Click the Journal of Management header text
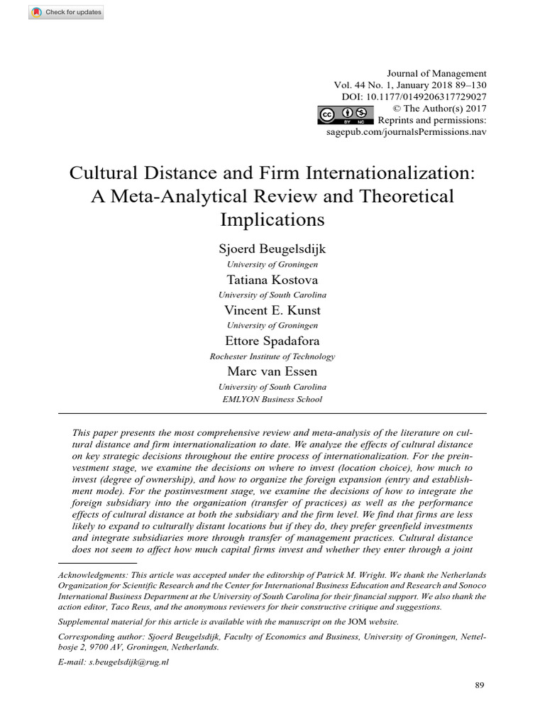pyautogui.click(x=446, y=73)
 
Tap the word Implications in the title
pyautogui.click(x=272, y=219)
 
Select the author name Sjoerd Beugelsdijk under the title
pyautogui.click(x=272, y=249)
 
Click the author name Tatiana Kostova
pyautogui.click(x=272, y=280)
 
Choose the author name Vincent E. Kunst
pyautogui.click(x=272, y=310)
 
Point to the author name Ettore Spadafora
pyautogui.click(x=272, y=341)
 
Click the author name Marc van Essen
pyautogui.click(x=272, y=371)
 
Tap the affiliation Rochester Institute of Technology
pyautogui.click(x=272, y=356)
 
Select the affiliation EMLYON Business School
pyautogui.click(x=272, y=399)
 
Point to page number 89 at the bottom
pyautogui.click(x=479, y=685)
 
